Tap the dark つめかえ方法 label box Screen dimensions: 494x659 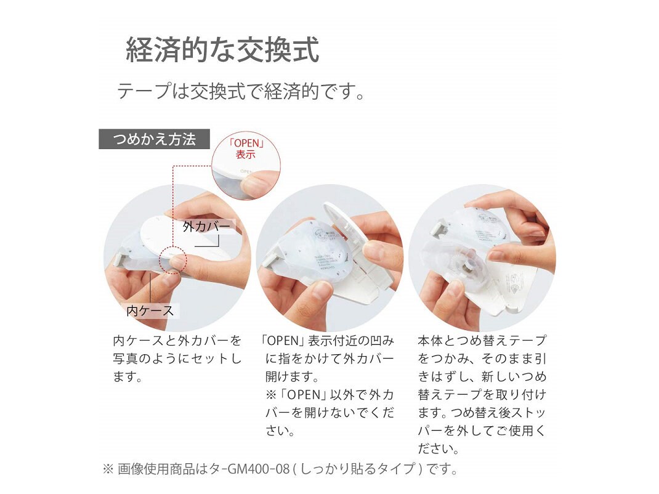pyautogui.click(x=154, y=139)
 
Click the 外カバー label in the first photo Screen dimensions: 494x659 pyautogui.click(x=207, y=227)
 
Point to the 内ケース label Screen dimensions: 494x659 pyautogui.click(x=150, y=311)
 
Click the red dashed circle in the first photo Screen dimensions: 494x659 pyautogui.click(x=173, y=259)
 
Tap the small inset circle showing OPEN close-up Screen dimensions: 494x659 pyautogui.click(x=245, y=166)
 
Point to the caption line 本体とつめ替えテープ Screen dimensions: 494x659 pyautogui.click(x=482, y=341)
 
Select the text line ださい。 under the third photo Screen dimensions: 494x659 pyautogui.click(x=439, y=448)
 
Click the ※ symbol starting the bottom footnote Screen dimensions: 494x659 pyautogui.click(x=108, y=469)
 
